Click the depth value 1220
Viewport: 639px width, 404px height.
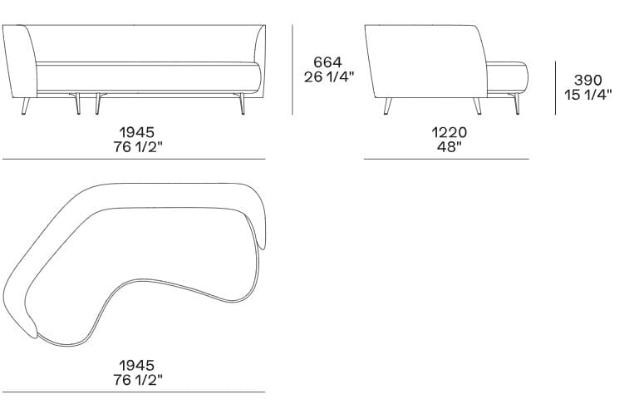(x=448, y=132)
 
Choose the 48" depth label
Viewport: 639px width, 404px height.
(x=448, y=147)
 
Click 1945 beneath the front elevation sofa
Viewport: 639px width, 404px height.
(x=135, y=132)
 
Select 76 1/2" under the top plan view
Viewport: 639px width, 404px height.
(x=135, y=381)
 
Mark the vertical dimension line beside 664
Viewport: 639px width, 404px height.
(x=292, y=70)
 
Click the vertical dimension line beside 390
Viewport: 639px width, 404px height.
(x=556, y=87)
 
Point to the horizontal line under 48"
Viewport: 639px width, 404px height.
(x=446, y=159)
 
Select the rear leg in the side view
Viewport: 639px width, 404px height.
(x=387, y=106)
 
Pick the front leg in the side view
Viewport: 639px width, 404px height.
(x=477, y=106)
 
